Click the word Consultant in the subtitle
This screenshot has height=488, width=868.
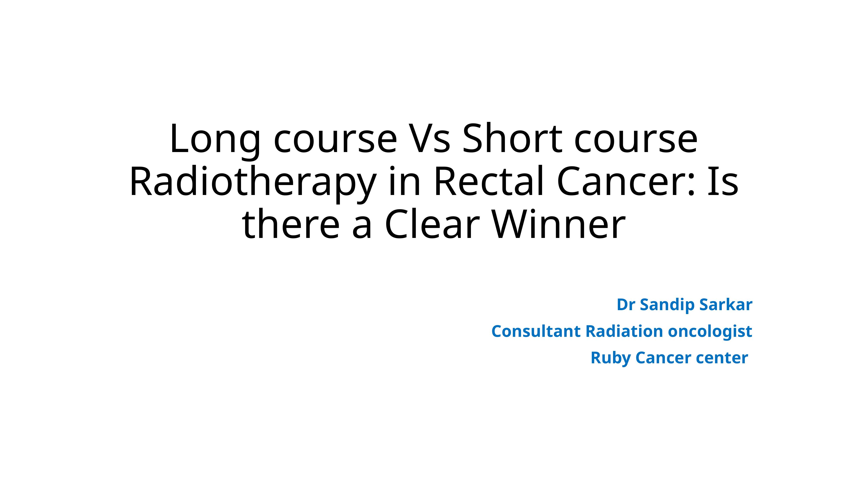[x=536, y=331]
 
